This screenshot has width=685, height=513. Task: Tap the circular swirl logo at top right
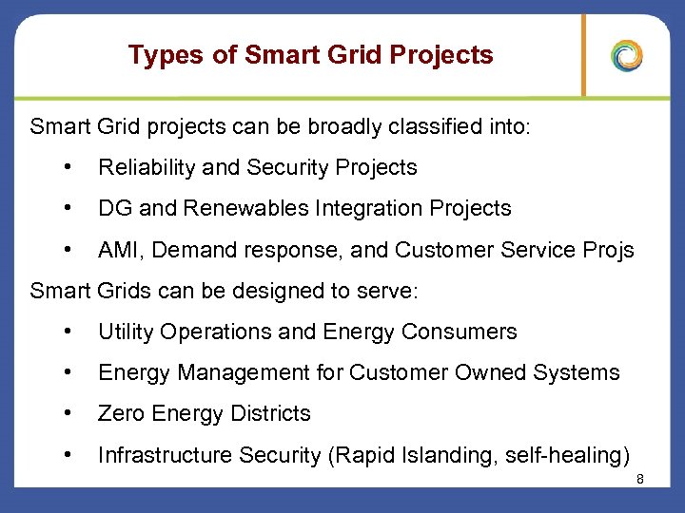pyautogui.click(x=627, y=55)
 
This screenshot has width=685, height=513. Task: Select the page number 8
pyautogui.click(x=640, y=479)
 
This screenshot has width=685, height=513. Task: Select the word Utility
pyautogui.click(x=126, y=332)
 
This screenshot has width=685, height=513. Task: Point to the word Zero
pyautogui.click(x=121, y=414)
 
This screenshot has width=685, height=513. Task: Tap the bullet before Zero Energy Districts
pyautogui.click(x=68, y=413)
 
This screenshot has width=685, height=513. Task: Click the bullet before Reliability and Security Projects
pyautogui.click(x=68, y=167)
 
